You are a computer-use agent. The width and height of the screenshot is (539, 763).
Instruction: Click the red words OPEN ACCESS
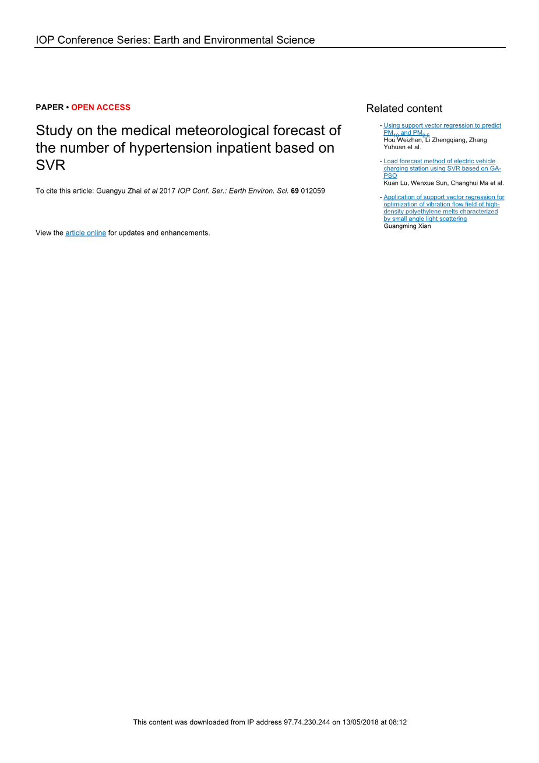(x=101, y=107)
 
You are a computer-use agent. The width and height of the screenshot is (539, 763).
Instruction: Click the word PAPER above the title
(x=50, y=107)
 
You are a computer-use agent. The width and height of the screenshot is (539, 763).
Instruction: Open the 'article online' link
(x=86, y=233)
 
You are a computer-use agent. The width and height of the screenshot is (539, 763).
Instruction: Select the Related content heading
(x=404, y=108)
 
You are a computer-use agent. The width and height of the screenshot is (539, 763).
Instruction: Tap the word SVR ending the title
(x=50, y=166)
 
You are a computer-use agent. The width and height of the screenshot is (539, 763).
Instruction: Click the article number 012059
(x=313, y=191)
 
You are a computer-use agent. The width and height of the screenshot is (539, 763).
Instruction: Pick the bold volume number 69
(x=294, y=191)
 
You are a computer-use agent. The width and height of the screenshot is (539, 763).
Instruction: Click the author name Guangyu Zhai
(x=119, y=191)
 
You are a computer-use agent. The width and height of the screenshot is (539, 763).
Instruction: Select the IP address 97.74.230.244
(x=307, y=722)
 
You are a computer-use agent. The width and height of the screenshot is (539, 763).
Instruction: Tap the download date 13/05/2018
(x=361, y=722)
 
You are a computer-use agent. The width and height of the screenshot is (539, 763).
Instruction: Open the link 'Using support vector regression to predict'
(x=442, y=125)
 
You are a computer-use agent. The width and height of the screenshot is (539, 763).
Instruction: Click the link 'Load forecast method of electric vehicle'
(x=439, y=161)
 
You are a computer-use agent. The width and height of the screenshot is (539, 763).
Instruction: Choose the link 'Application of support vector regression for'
(x=444, y=197)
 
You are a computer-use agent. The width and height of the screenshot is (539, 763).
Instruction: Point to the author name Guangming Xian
(x=407, y=226)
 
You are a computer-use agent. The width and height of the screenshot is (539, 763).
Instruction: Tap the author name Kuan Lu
(x=396, y=183)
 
